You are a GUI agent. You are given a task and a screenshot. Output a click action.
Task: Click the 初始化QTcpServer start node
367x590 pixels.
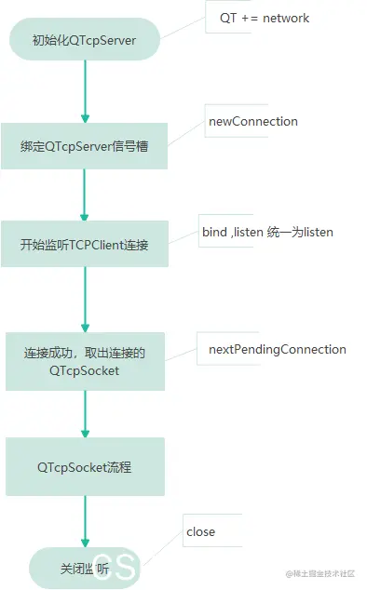click(85, 41)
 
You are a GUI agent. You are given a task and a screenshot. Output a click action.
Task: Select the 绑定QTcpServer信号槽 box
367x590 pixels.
click(85, 146)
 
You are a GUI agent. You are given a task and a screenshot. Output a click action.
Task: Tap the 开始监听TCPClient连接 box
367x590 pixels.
click(85, 244)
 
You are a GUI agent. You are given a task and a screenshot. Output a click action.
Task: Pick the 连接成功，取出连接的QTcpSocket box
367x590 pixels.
click(85, 361)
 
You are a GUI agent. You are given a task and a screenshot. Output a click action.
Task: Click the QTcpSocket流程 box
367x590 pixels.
click(85, 466)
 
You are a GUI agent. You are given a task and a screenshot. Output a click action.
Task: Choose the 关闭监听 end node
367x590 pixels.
click(85, 568)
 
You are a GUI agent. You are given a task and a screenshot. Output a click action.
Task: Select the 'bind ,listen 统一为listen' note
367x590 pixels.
click(267, 232)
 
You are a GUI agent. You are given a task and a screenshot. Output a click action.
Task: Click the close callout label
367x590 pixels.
click(200, 531)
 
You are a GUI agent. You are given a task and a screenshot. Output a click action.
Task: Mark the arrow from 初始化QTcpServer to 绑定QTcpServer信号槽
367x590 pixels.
click(85, 92)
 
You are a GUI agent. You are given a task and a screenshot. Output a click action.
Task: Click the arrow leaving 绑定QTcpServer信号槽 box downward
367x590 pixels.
click(85, 194)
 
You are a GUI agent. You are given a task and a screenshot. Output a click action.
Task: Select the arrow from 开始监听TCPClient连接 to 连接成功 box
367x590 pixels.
click(85, 300)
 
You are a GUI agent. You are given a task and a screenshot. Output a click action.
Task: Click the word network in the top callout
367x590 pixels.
click(286, 18)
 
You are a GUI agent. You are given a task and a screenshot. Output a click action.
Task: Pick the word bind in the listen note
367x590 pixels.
click(214, 232)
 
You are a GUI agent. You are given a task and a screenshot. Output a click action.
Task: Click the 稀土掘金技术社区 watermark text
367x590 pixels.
click(323, 573)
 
